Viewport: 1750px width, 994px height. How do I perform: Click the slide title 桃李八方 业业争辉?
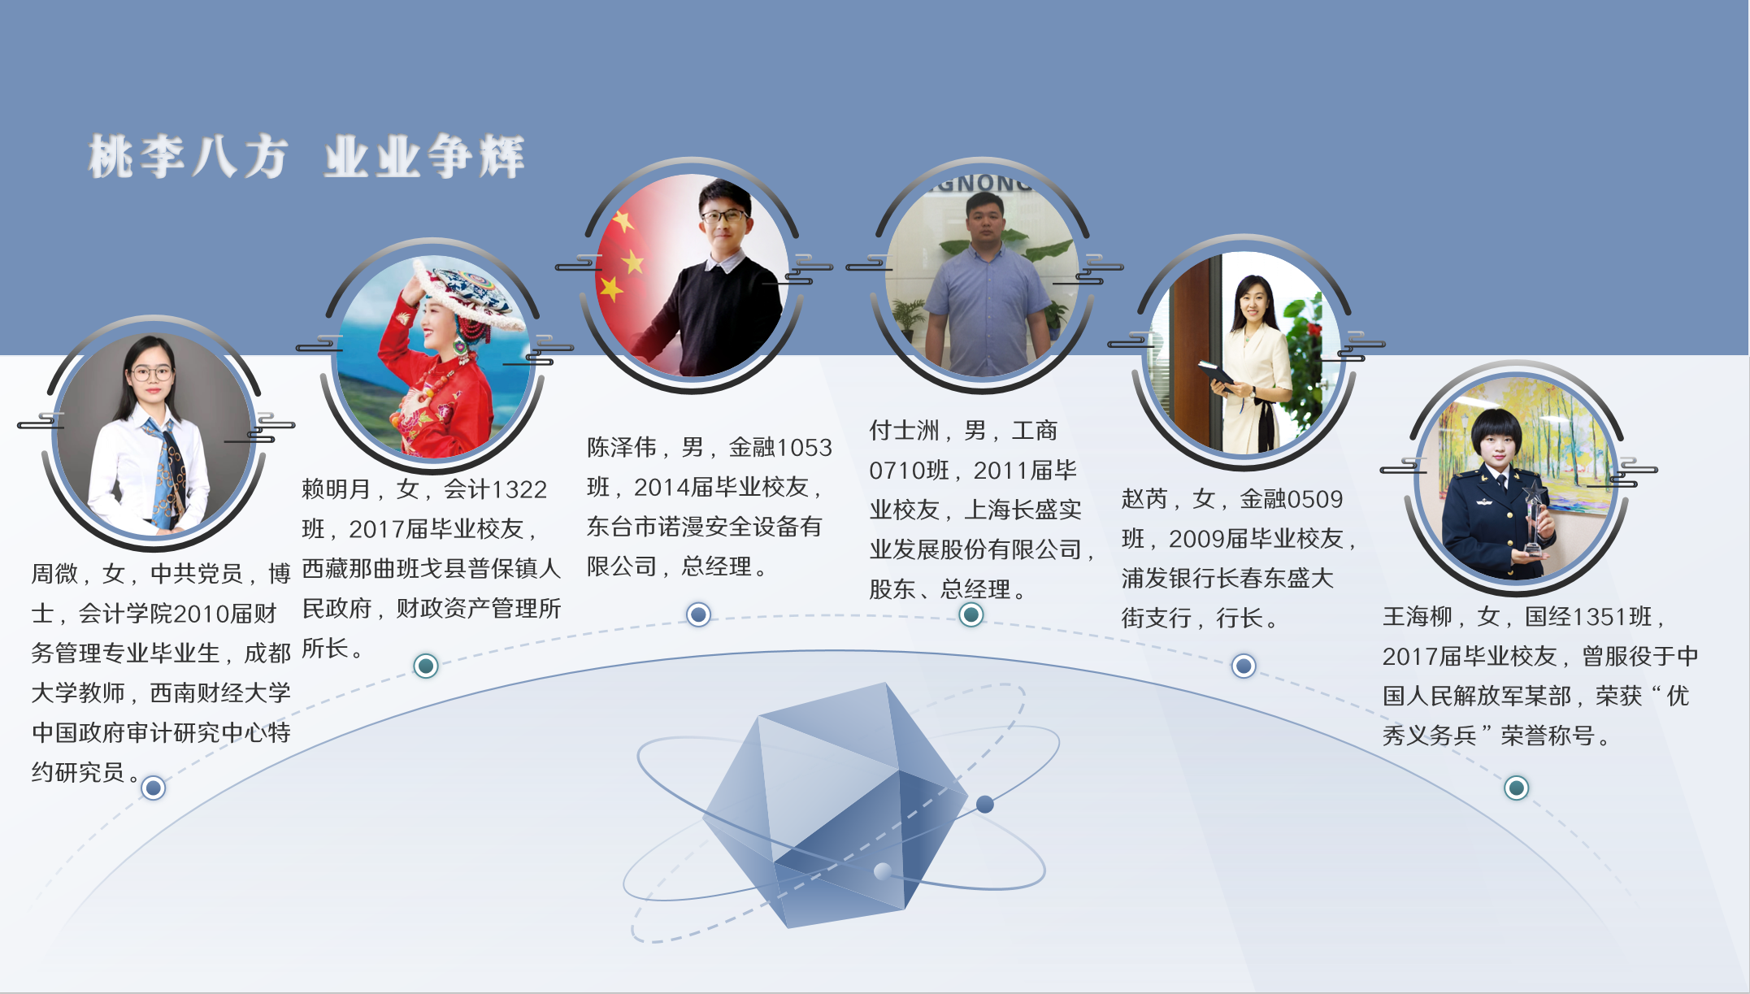click(306, 156)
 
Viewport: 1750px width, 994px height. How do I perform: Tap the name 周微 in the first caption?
click(55, 574)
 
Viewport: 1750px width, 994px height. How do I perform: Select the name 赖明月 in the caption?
click(337, 489)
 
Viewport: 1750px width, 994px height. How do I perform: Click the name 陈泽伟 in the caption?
click(622, 447)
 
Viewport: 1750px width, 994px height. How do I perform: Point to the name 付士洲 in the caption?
click(904, 430)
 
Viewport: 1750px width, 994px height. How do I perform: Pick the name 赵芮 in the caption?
click(1144, 499)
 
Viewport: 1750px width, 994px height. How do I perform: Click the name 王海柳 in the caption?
click(1418, 617)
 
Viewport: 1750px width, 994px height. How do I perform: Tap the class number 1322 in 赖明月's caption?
click(519, 490)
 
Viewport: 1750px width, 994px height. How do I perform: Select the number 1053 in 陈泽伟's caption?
click(805, 448)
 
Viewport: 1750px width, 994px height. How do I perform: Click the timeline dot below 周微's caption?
click(154, 788)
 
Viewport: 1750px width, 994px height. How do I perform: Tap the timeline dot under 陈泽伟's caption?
click(698, 614)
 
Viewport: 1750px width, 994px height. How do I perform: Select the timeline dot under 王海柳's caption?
click(1516, 788)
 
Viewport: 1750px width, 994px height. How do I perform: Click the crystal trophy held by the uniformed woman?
click(1533, 516)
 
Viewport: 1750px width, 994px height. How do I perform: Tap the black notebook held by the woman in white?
click(1216, 375)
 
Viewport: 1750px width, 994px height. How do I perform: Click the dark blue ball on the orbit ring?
click(985, 805)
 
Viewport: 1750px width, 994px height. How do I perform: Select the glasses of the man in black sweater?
click(723, 216)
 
